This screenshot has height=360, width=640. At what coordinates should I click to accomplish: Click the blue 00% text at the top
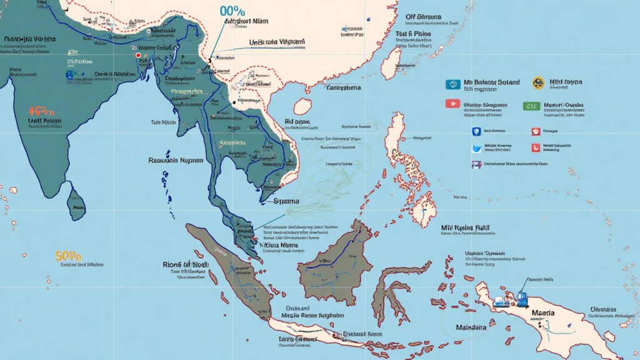tap(232, 11)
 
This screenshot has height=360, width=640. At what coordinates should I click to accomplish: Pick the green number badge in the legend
tap(531, 106)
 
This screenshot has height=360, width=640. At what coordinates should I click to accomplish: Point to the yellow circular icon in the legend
tap(537, 82)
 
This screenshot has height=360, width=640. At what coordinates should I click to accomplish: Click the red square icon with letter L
tap(534, 148)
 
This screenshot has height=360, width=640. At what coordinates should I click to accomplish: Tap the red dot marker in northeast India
tap(137, 56)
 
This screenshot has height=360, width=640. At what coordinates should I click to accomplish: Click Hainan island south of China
tap(303, 105)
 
